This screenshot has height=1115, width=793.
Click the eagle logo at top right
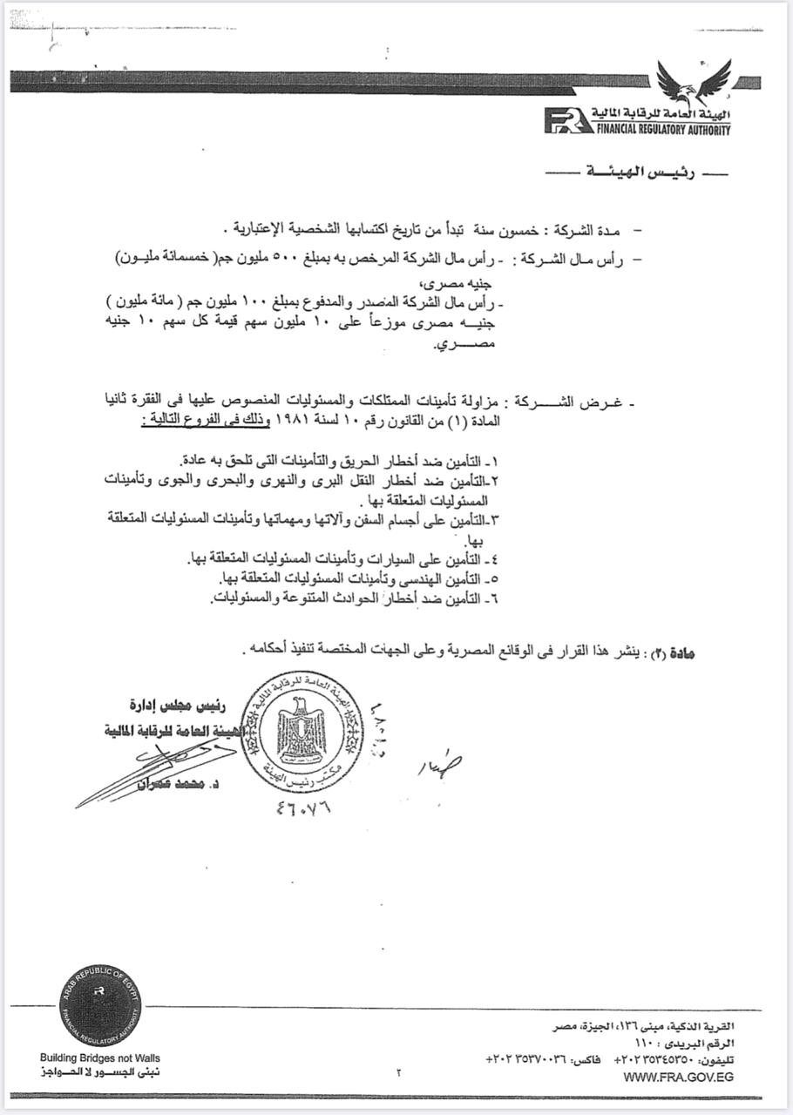695,82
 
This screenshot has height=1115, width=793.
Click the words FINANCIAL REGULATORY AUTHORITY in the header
663,130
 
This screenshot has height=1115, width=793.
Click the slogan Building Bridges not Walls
100,1058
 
